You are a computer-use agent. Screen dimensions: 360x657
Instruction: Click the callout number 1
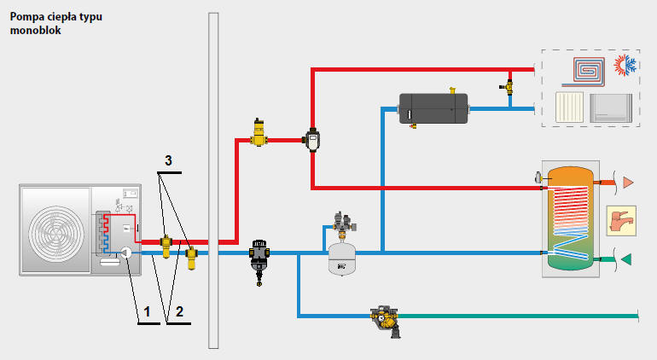147,313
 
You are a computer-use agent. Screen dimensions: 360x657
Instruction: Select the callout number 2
180,313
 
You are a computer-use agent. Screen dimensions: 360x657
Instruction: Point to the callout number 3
169,160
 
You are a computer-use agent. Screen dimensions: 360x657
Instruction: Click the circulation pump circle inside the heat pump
126,253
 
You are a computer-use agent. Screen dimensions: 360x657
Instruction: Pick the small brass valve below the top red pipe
509,86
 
